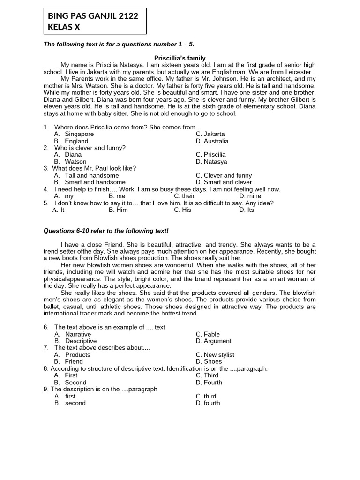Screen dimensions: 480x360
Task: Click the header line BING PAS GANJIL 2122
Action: (93, 16)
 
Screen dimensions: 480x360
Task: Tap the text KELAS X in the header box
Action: (64, 27)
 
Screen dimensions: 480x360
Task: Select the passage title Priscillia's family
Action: (180, 58)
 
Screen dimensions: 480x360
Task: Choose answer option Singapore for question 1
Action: (79, 134)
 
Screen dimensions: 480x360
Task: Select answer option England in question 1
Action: (76, 141)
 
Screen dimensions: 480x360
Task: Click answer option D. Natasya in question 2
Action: (211, 162)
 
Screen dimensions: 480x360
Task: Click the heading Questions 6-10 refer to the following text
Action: (105, 231)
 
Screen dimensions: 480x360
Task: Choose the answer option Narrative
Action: (78, 334)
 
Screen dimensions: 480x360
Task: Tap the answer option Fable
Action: (211, 334)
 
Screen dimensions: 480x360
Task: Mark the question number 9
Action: (46, 389)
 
